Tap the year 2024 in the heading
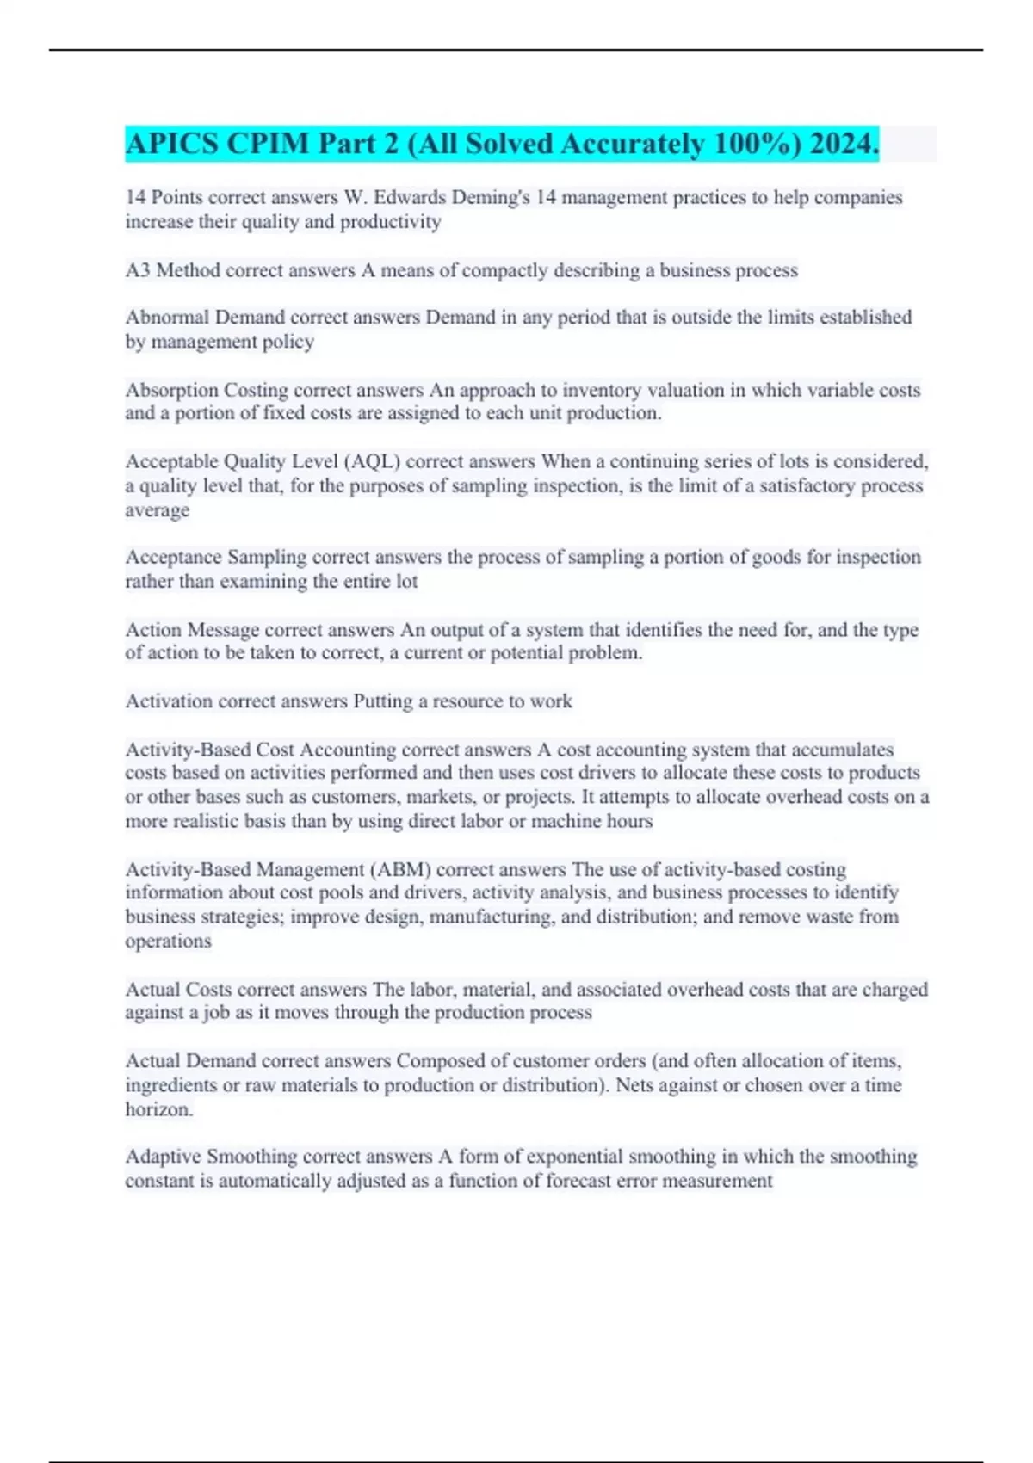point(844,144)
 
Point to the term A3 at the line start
point(138,270)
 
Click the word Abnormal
point(167,317)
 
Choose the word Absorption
point(171,390)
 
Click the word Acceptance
point(173,557)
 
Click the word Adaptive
point(163,1156)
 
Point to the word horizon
point(158,1109)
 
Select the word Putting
point(383,701)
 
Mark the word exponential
point(597,1156)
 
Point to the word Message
point(223,630)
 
